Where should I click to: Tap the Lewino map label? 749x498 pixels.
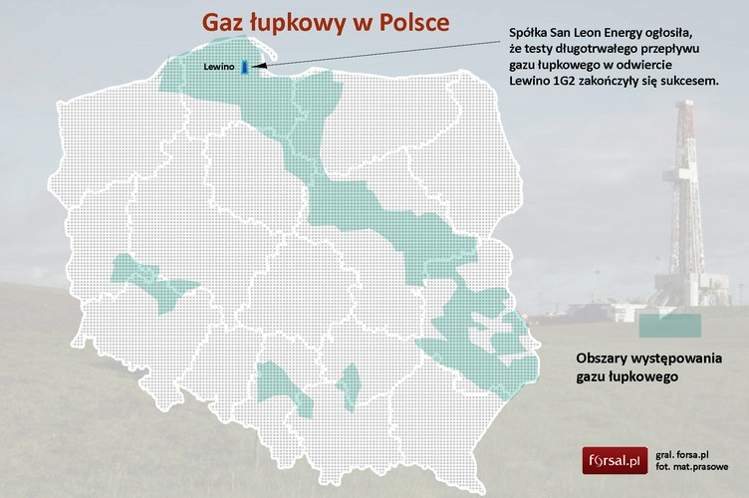(218, 67)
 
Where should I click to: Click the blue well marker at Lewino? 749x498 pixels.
(244, 66)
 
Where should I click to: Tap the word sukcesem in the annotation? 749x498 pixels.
(690, 80)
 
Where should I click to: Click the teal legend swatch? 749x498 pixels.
(669, 324)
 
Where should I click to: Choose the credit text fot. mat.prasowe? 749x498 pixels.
(694, 466)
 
